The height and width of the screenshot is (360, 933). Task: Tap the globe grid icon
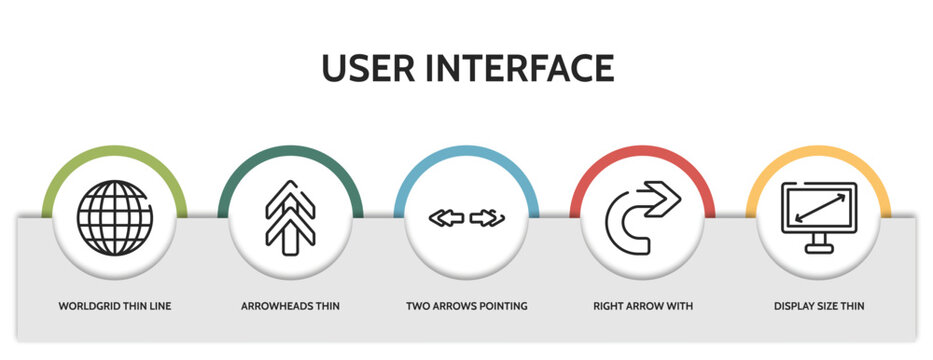click(x=115, y=216)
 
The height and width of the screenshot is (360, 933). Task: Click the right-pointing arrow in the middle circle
click(x=488, y=217)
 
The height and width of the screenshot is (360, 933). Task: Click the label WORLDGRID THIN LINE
click(x=115, y=305)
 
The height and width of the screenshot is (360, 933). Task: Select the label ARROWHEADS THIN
click(x=290, y=305)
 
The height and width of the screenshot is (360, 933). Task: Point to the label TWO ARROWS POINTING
click(x=466, y=305)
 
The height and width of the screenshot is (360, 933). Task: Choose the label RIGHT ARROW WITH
click(x=642, y=305)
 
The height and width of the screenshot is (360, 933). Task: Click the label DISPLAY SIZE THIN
click(x=819, y=305)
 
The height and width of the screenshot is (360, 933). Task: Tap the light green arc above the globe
click(x=115, y=152)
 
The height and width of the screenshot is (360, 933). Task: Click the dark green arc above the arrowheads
click(x=290, y=152)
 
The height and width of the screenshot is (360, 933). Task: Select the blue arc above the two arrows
click(x=466, y=152)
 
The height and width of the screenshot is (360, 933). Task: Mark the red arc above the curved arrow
click(x=642, y=152)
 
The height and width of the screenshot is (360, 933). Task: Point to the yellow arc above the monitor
click(x=819, y=152)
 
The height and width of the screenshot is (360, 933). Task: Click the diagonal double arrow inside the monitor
click(x=819, y=208)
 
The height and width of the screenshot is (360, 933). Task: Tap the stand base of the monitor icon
click(x=819, y=250)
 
